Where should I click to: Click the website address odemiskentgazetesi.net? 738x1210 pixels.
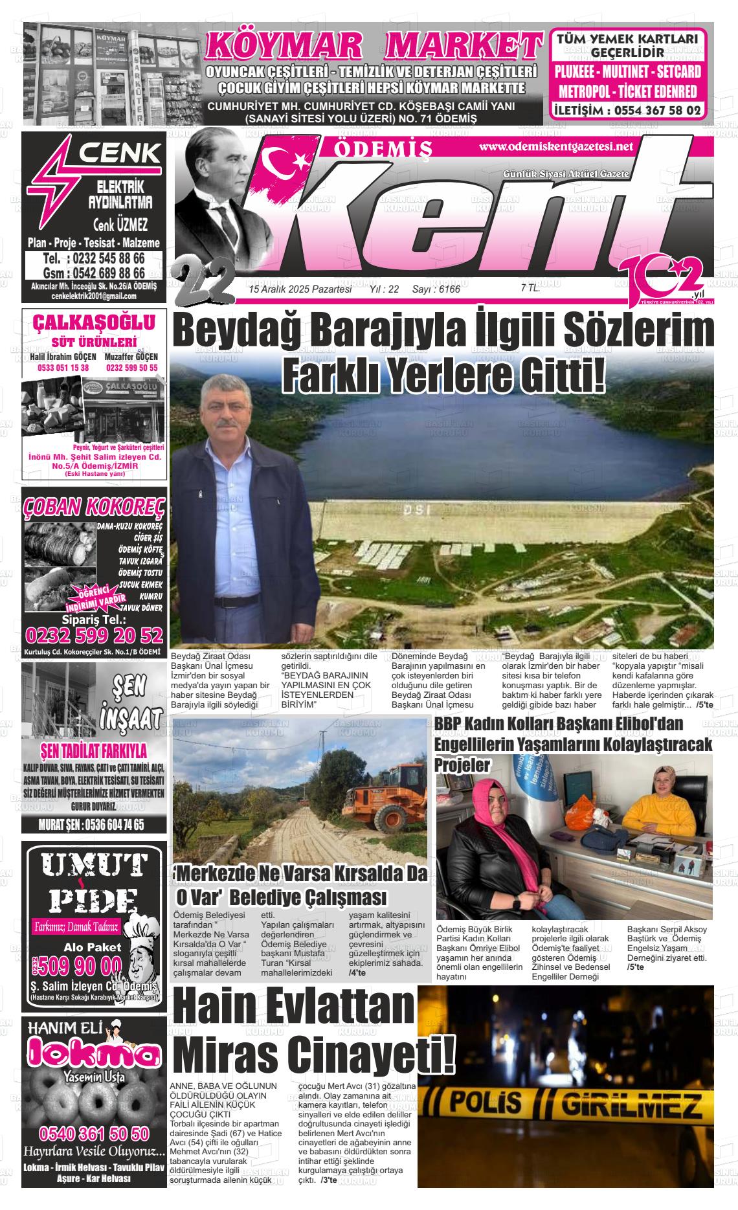click(555, 147)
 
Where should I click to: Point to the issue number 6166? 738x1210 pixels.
click(449, 289)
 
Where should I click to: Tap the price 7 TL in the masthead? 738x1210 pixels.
click(530, 289)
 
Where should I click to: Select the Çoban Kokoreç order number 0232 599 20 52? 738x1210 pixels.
click(93, 634)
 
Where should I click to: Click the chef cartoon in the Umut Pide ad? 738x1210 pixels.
click(139, 954)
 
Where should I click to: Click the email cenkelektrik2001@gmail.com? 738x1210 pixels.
click(94, 297)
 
